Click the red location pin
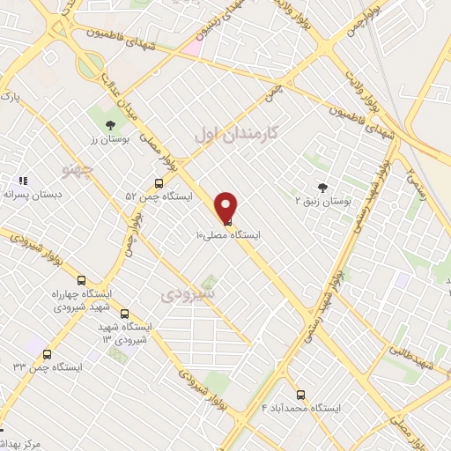227,207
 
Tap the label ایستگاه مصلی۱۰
227,236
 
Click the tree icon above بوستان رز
109,125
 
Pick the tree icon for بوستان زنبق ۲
322,187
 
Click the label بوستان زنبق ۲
323,202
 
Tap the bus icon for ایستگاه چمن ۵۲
159,183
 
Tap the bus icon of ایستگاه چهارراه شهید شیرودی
82,280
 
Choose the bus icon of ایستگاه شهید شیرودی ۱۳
123,314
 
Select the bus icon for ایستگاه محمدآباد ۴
301,395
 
